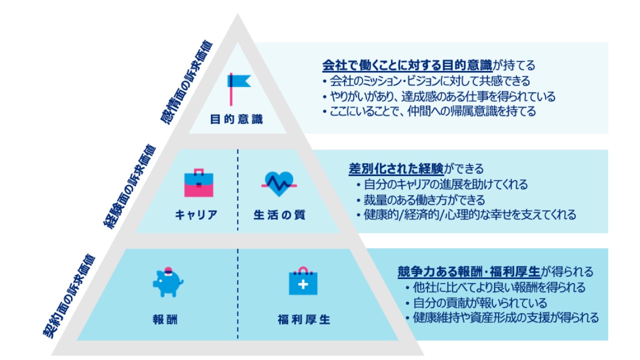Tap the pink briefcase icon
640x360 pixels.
coord(198,183)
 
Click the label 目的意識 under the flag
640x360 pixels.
coord(236,120)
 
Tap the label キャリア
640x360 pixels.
coord(196,215)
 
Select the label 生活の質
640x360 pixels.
coord(279,215)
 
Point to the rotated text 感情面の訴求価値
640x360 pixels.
coord(186,83)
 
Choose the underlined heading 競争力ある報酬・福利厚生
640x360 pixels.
coord(469,272)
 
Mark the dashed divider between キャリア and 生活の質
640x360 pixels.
coord(237,190)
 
